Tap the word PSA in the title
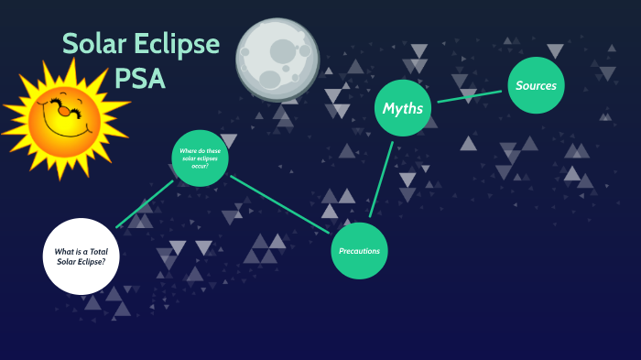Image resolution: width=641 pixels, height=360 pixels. (x=140, y=79)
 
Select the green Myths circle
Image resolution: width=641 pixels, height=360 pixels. (x=403, y=108)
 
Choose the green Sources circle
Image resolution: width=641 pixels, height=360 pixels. (x=536, y=85)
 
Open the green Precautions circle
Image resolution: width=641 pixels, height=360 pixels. (x=360, y=250)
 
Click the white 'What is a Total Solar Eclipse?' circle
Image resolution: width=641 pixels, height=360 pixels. (x=81, y=256)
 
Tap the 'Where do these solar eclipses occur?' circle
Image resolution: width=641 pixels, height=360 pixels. (x=200, y=158)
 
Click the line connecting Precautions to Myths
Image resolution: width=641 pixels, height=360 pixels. (x=381, y=179)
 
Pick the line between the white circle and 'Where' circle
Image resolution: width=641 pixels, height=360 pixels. (x=144, y=203)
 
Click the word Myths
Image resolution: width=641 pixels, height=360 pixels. (x=403, y=108)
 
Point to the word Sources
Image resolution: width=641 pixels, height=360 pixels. (x=536, y=85)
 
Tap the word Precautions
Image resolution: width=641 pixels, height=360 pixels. (x=360, y=251)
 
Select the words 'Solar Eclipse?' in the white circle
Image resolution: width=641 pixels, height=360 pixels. (x=81, y=261)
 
